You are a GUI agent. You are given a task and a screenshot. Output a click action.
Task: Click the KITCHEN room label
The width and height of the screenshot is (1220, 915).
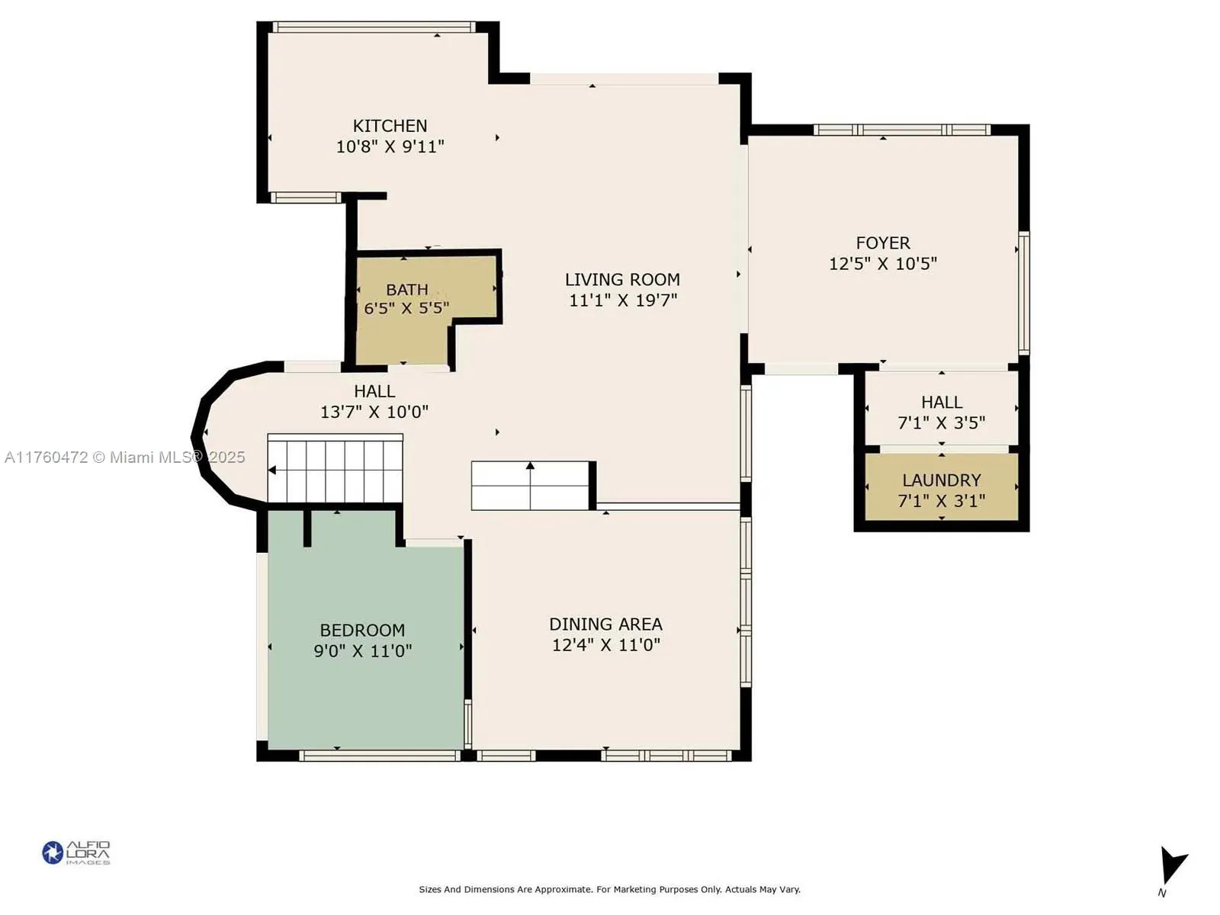390,126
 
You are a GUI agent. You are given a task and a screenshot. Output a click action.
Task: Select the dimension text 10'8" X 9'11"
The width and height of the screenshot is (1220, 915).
390,146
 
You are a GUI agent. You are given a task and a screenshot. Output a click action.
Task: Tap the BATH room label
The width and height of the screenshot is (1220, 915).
406,290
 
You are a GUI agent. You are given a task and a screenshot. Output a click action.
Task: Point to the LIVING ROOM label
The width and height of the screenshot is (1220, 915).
622,280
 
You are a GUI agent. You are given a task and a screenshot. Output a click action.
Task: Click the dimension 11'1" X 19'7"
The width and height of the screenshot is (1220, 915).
622,300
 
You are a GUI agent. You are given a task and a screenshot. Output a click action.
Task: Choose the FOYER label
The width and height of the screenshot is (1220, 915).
882,243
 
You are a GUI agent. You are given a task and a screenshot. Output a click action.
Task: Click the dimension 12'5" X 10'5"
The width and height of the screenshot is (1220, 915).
882,264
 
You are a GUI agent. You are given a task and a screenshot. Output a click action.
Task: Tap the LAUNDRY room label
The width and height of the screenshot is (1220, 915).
941,480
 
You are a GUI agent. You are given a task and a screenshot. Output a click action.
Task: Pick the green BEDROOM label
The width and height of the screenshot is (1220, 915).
362,631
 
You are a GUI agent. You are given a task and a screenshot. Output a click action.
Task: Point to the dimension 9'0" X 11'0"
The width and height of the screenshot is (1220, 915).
362,651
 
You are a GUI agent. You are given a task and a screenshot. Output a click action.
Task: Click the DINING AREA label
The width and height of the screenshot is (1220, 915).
605,624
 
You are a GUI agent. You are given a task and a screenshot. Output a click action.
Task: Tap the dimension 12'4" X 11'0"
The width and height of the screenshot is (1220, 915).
605,645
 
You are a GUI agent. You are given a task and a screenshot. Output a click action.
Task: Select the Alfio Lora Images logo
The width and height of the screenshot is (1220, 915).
75,852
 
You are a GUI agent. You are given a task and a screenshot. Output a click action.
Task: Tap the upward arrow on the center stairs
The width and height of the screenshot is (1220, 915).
530,466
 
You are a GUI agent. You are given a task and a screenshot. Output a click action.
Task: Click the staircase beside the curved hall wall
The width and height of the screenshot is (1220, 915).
335,470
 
